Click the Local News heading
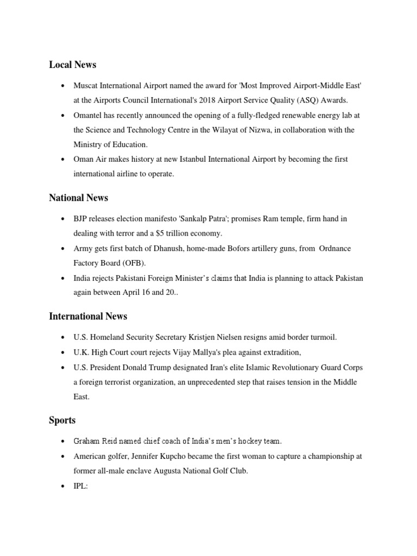72,65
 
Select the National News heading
78,198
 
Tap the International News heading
88,316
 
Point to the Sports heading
62,420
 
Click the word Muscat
86,86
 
